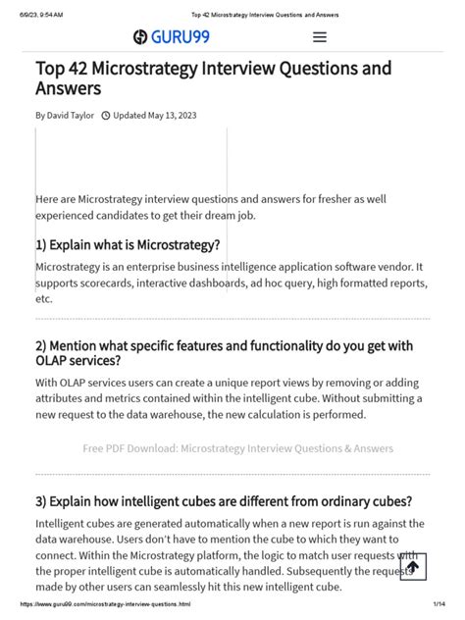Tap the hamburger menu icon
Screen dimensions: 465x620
coord(319,38)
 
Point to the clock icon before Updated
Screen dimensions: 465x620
coord(106,115)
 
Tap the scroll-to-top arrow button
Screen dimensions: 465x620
coord(412,566)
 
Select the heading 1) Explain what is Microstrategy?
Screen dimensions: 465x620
coord(128,244)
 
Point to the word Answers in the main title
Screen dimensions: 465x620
coord(69,89)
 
